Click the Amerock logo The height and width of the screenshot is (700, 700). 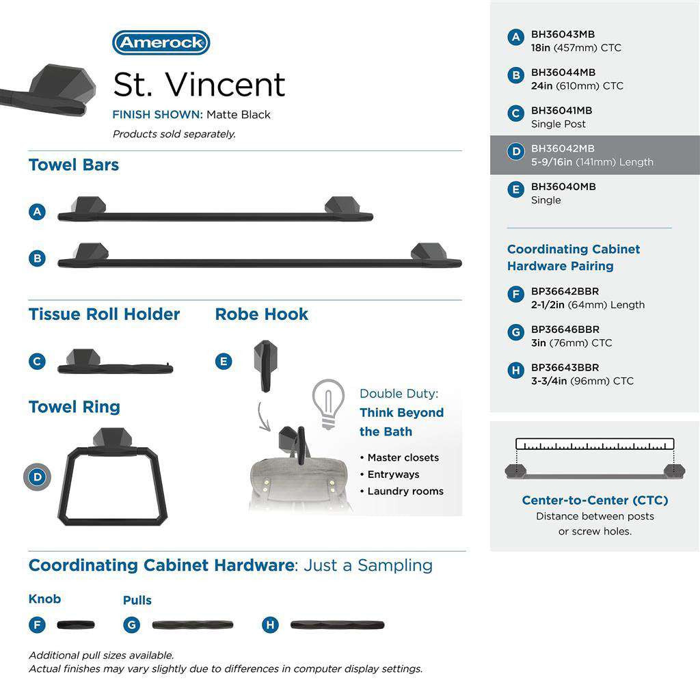pos(161,42)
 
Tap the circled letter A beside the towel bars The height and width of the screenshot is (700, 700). pos(38,212)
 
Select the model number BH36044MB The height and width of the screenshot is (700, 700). pos(563,72)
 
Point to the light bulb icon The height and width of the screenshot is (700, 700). pos(327,404)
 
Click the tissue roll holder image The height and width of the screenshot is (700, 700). pos(114,362)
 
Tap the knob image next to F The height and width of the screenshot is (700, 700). pos(75,625)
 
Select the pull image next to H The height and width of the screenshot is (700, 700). pos(337,625)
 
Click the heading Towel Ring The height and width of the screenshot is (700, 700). pos(74,407)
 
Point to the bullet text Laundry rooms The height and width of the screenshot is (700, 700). pos(405,491)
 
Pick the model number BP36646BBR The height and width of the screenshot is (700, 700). pos(565,329)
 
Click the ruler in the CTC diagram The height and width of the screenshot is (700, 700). pos(595,444)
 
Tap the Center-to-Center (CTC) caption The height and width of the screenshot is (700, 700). pos(595,500)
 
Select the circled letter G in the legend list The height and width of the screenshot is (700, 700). pos(516,333)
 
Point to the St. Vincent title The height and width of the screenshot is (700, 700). pos(199,85)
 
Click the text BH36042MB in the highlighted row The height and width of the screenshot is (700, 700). pos(563,148)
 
